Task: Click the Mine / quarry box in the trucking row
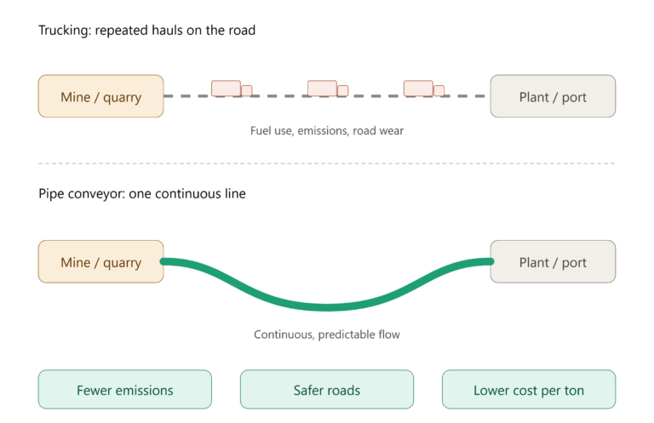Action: [101, 96]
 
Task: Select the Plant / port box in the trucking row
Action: [553, 96]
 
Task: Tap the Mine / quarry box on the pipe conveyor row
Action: [101, 262]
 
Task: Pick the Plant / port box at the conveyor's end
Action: [553, 262]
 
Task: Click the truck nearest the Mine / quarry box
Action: [232, 89]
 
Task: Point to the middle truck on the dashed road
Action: [328, 89]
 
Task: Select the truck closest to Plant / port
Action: [424, 89]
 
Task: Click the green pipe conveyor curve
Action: [327, 307]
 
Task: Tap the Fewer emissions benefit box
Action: [124, 390]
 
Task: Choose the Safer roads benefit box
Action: [327, 390]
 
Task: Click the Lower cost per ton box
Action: [529, 390]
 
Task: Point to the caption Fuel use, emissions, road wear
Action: [327, 131]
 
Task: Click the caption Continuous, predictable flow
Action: [327, 334]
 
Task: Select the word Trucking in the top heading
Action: [65, 31]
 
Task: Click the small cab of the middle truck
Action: [343, 91]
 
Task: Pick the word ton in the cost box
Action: [574, 391]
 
